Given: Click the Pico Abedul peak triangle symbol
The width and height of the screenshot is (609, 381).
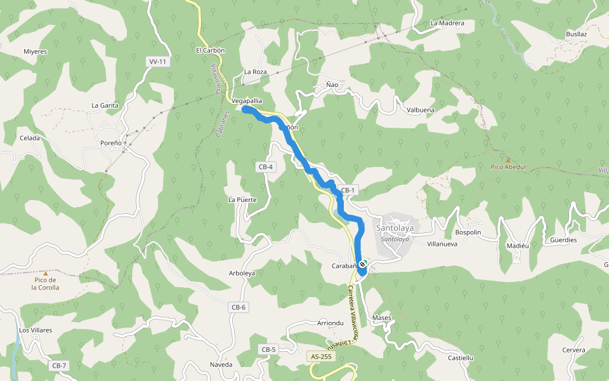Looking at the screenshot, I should coord(507,160).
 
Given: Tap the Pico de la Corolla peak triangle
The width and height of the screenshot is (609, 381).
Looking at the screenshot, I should coord(45,273).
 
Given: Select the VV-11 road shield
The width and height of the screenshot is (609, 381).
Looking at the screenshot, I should coord(157,62).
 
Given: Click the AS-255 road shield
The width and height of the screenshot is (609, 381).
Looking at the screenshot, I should coord(321,357).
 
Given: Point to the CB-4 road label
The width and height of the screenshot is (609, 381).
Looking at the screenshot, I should coord(266,167).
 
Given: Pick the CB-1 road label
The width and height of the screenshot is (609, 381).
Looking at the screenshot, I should coord(349,190).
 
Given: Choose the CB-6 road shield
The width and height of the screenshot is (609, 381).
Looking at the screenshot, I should coord(238,307).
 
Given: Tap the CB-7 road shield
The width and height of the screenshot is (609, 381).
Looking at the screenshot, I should coord(59,366).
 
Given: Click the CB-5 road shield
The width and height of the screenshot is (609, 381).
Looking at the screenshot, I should coord(268,349).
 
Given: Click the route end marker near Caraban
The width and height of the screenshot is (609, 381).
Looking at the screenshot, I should coord(362,264).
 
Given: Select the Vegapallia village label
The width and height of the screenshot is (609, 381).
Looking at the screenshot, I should coord(247,101).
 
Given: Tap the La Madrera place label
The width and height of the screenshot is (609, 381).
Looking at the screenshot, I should coord(447,23).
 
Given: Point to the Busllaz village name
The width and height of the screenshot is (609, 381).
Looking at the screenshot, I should coord(577,34).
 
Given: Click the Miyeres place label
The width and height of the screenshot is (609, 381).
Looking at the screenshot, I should coord(36,51).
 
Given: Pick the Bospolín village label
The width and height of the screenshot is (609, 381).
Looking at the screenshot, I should coord(469,232).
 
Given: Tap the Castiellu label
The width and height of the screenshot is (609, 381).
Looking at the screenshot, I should coord(461,358).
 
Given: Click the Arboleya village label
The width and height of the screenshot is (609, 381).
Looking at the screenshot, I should coord(242,274).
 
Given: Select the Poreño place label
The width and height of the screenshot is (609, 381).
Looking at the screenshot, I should coord(111,143).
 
